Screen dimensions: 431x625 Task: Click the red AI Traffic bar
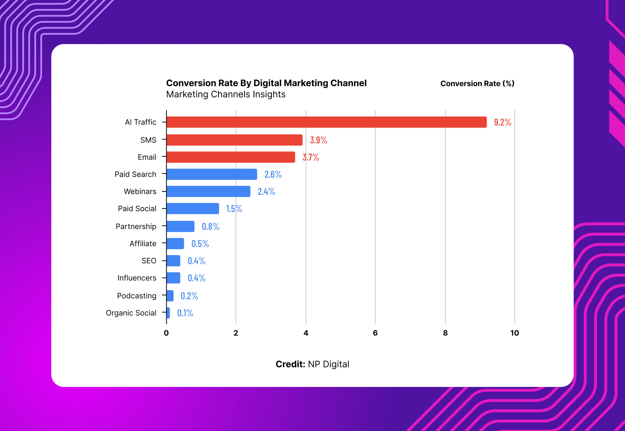tap(327, 122)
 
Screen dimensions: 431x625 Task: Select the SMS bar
tap(234, 140)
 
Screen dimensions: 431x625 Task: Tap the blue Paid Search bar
tap(212, 174)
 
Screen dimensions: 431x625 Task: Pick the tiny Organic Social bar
tap(168, 313)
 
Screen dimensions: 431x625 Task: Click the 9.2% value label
tap(502, 122)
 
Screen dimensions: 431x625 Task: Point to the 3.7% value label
tap(311, 157)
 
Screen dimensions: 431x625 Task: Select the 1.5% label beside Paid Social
tap(234, 209)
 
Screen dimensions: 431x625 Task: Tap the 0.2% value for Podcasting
tap(189, 296)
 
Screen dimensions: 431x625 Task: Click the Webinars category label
tap(140, 191)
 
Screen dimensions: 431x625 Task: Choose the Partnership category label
tap(136, 226)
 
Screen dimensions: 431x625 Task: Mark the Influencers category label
tap(137, 278)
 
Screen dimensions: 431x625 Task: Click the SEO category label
tap(149, 261)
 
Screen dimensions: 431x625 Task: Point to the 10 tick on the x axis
tap(514, 333)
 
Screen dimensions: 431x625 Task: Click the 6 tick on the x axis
tap(375, 333)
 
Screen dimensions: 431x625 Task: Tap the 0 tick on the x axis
tap(166, 333)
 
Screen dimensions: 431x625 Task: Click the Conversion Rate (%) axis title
tap(477, 83)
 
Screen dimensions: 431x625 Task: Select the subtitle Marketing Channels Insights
tap(226, 94)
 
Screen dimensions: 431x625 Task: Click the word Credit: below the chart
tap(290, 364)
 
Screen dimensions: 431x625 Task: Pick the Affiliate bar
tap(175, 244)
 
